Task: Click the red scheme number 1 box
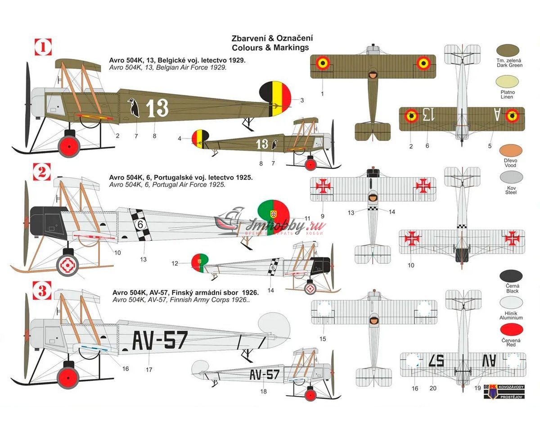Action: click(44, 46)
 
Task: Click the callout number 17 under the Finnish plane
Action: click(149, 370)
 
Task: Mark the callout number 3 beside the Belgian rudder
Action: click(302, 100)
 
